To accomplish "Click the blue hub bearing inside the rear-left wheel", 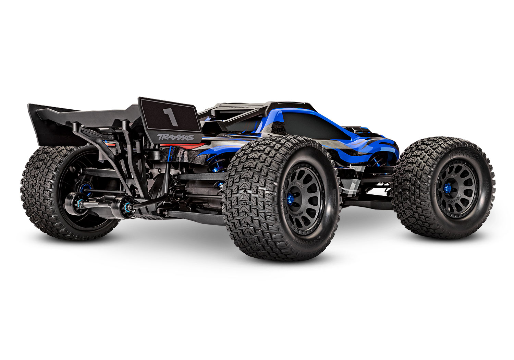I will point(84,188).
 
